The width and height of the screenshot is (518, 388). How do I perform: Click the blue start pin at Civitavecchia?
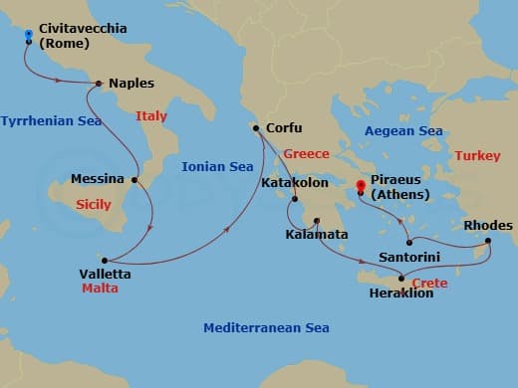pyautogui.click(x=29, y=38)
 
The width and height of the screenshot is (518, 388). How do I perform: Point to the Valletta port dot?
pyautogui.click(x=105, y=257)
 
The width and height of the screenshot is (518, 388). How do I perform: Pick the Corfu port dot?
pyautogui.click(x=257, y=128)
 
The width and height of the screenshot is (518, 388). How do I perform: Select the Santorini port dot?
pyautogui.click(x=408, y=242)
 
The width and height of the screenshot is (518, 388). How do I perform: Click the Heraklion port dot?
pyautogui.click(x=402, y=281)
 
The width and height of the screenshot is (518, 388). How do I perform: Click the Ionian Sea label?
pyautogui.click(x=217, y=167)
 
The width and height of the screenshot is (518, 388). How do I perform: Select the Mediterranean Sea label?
pyautogui.click(x=266, y=328)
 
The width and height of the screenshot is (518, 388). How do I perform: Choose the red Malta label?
pyautogui.click(x=101, y=289)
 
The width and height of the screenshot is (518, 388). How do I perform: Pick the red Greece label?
pyautogui.click(x=305, y=154)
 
